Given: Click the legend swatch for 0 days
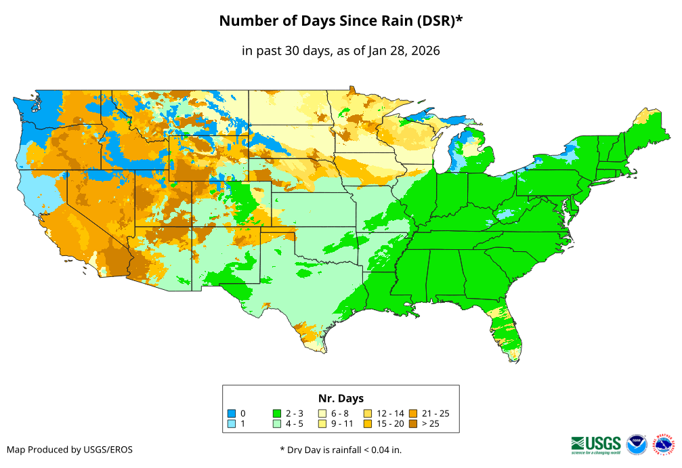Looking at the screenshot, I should (231, 413).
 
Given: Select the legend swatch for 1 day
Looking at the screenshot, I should (231, 424).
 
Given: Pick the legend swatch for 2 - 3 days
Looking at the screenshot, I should (277, 413).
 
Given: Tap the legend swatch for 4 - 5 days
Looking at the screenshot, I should (277, 424).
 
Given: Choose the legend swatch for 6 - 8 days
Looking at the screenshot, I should (322, 413).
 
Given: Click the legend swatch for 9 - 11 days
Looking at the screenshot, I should (322, 424).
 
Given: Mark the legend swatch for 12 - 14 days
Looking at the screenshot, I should (368, 413).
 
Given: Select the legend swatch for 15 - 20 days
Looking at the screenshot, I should (368, 424).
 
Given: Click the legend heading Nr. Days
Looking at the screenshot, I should (341, 398).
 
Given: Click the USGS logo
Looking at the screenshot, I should (596, 444).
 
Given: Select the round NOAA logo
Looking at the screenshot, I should (637, 444).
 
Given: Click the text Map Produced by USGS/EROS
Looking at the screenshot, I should (70, 450).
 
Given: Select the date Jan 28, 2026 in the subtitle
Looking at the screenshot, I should (404, 51).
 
